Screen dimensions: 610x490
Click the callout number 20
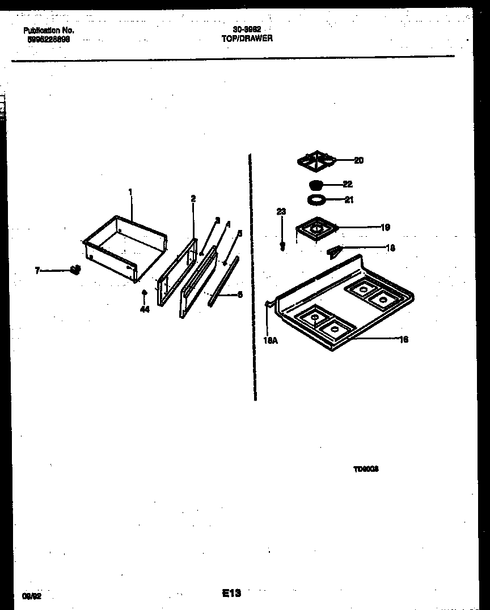[x=358, y=160]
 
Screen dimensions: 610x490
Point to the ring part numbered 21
[x=315, y=199]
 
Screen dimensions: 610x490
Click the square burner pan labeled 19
[x=316, y=229]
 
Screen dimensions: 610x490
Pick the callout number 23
[x=281, y=212]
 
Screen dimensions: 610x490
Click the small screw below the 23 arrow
[x=282, y=247]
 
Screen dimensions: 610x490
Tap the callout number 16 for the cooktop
[x=404, y=339]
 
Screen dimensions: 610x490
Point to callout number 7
[x=37, y=271]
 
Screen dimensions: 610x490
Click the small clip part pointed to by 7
[x=74, y=271]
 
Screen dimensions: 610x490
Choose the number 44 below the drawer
[x=145, y=309]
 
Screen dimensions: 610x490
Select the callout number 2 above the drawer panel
[x=193, y=199]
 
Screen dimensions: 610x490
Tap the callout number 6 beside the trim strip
[x=240, y=295]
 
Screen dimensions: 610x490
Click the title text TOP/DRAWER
[x=247, y=39]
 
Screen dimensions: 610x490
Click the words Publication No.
[x=48, y=31]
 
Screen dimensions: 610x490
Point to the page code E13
[x=231, y=593]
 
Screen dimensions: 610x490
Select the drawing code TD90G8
[x=366, y=469]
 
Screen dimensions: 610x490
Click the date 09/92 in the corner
[x=32, y=596]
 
